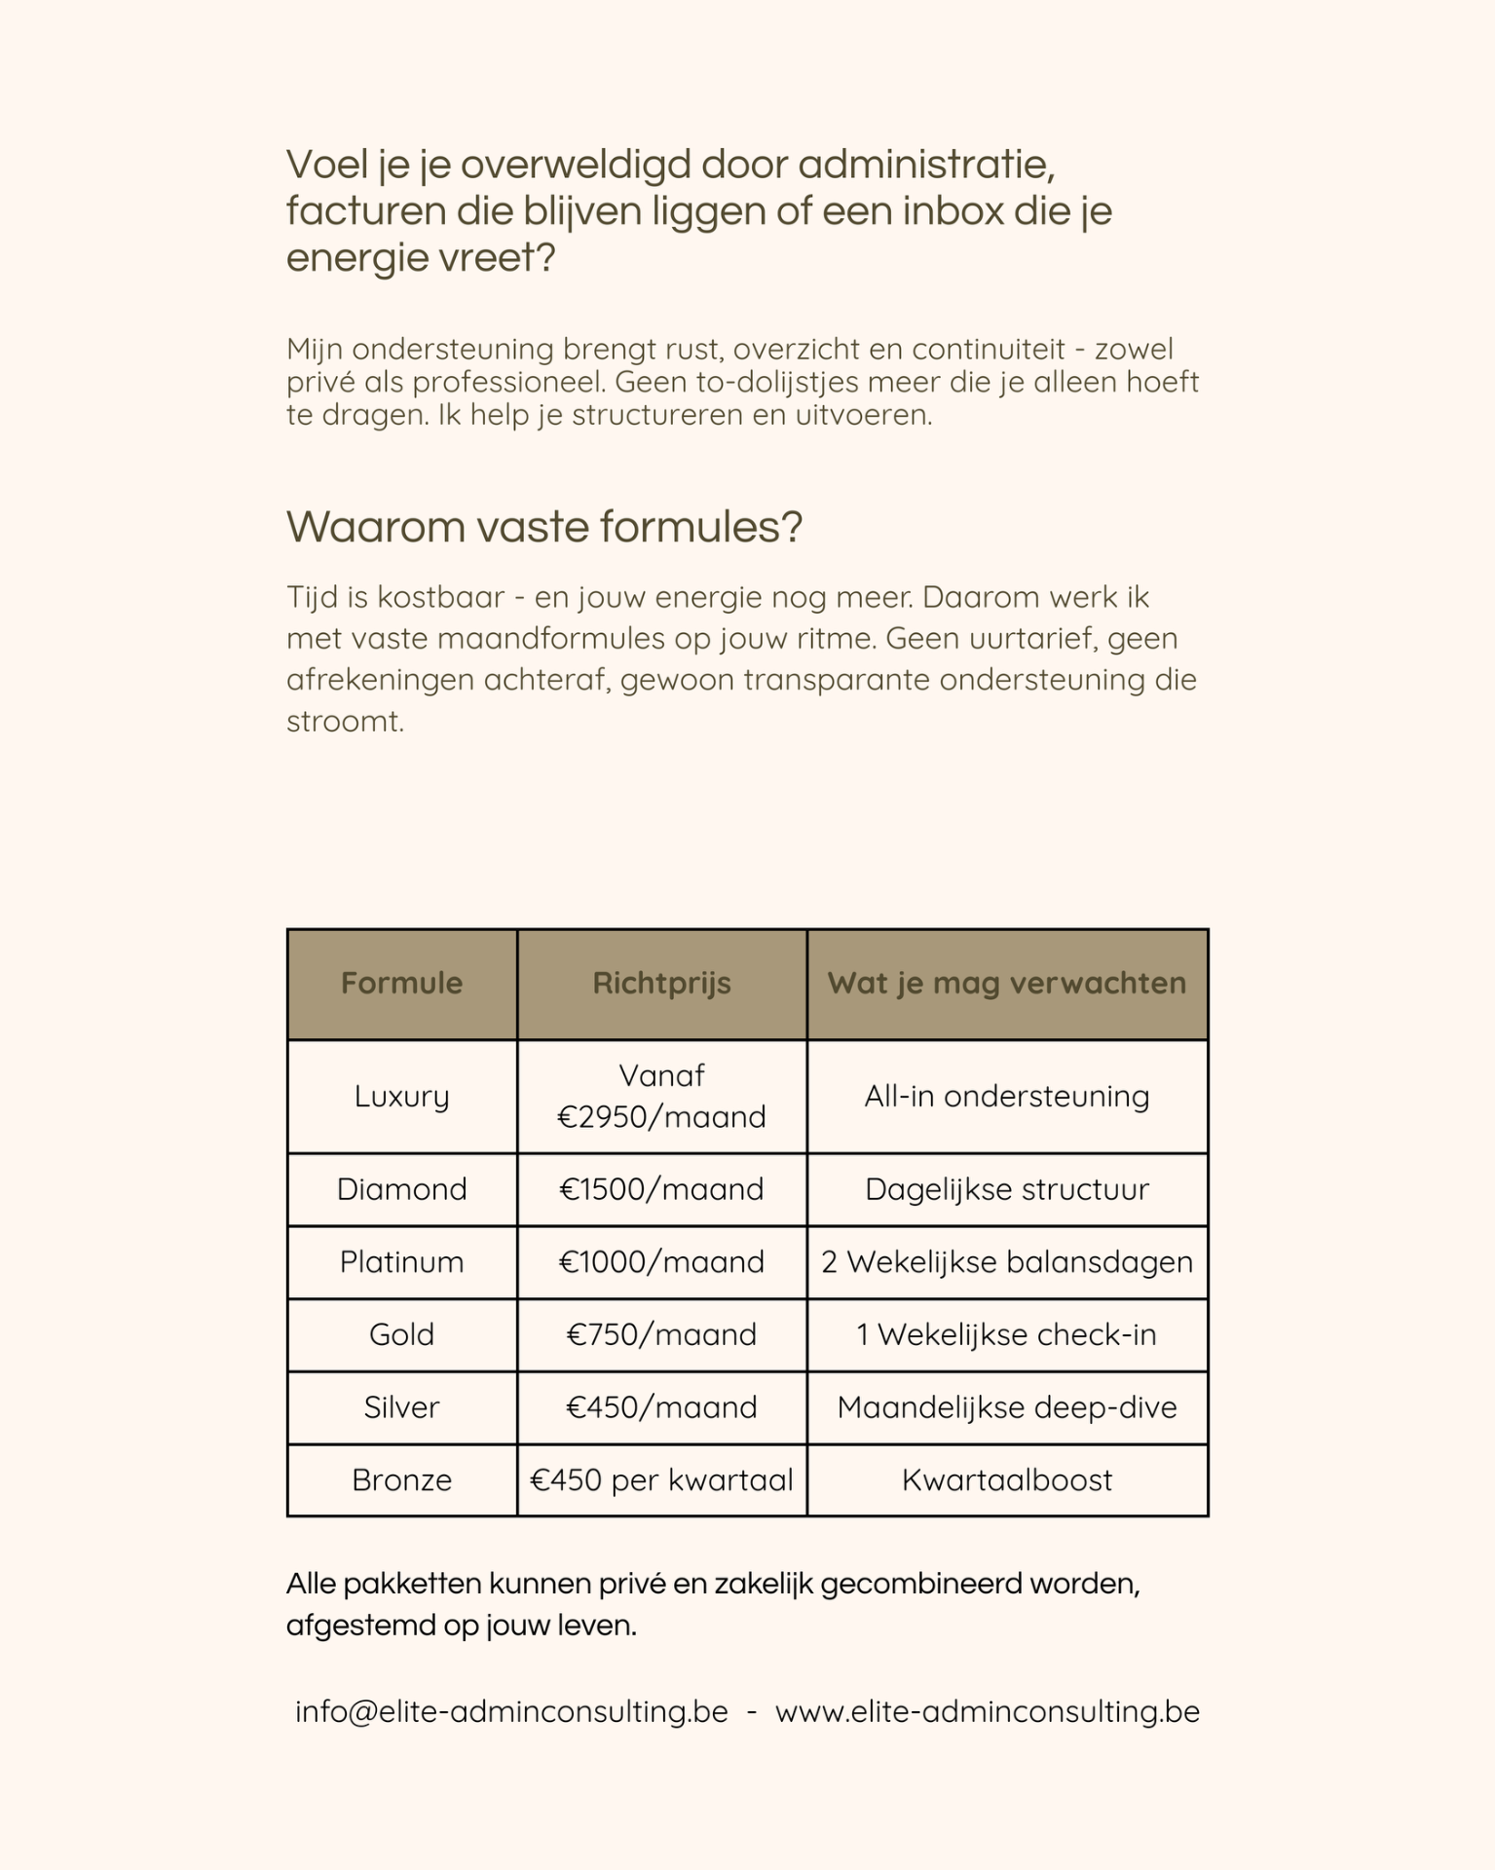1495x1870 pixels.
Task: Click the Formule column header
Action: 401,984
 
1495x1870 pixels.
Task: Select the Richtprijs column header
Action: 661,984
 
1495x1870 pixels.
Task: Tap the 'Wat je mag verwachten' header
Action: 1007,984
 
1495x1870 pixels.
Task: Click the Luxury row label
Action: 401,1097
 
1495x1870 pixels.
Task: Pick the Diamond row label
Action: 401,1189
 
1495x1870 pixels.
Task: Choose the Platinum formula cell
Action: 401,1262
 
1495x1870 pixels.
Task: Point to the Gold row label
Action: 401,1334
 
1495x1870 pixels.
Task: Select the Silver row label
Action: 401,1407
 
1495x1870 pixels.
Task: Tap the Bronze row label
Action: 401,1480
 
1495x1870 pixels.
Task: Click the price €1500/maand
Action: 661,1189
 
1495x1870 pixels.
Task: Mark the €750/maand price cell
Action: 661,1334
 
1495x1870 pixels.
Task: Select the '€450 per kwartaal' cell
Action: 661,1480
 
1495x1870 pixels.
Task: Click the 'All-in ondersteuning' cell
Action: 1007,1097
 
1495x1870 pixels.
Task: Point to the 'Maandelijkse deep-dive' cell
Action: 1007,1407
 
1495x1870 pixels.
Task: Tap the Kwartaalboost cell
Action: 1007,1480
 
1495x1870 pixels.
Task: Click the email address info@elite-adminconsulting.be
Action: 511,1712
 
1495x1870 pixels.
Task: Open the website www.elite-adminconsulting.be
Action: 987,1712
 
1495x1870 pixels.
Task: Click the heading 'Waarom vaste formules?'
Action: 543,527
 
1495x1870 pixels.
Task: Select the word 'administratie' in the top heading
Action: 926,166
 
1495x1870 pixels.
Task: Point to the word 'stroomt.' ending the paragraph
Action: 345,722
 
